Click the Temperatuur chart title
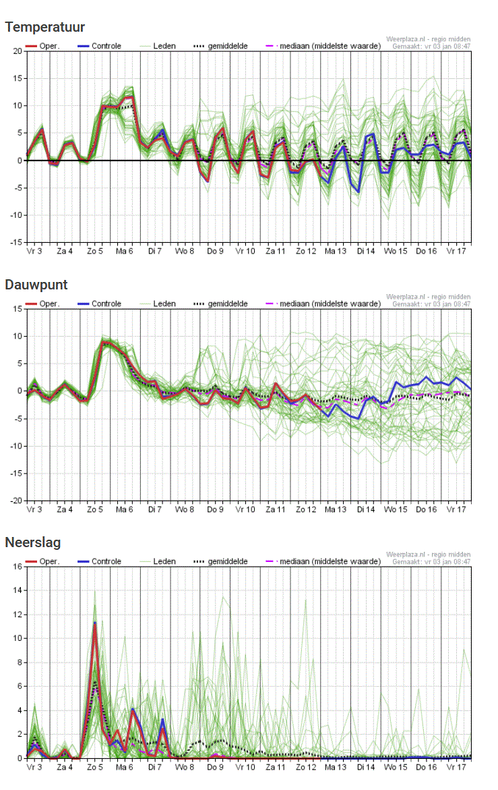click(44, 27)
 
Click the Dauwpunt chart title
click(36, 285)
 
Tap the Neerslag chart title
click(32, 542)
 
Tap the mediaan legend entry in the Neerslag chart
click(325, 561)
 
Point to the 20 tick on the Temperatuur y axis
click(18, 51)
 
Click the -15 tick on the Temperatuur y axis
click(16, 242)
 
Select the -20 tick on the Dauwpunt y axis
click(16, 501)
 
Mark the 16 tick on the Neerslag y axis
click(18, 567)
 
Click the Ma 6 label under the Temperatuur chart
click(125, 251)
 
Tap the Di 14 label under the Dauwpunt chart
click(366, 509)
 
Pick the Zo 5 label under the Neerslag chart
click(94, 767)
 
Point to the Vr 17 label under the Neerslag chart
click(456, 767)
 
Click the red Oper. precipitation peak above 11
click(95, 623)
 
